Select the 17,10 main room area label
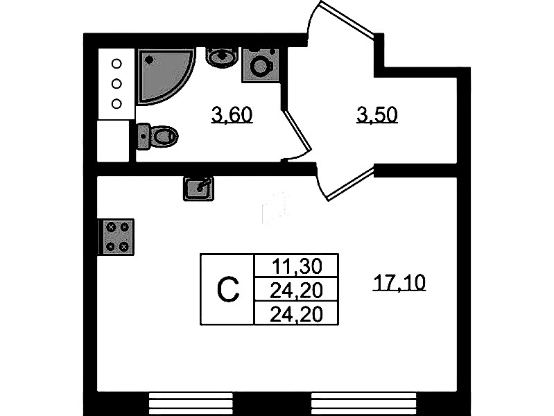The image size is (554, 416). click(399, 283)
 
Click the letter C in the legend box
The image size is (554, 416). click(227, 289)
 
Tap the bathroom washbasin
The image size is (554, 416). click(221, 58)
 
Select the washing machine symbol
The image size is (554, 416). click(261, 65)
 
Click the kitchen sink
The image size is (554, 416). click(199, 187)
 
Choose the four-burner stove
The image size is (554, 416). click(116, 236)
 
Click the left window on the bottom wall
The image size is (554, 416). click(184, 403)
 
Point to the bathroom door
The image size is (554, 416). click(296, 135)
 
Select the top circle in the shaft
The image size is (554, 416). click(116, 64)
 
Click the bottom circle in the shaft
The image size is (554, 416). click(116, 104)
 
